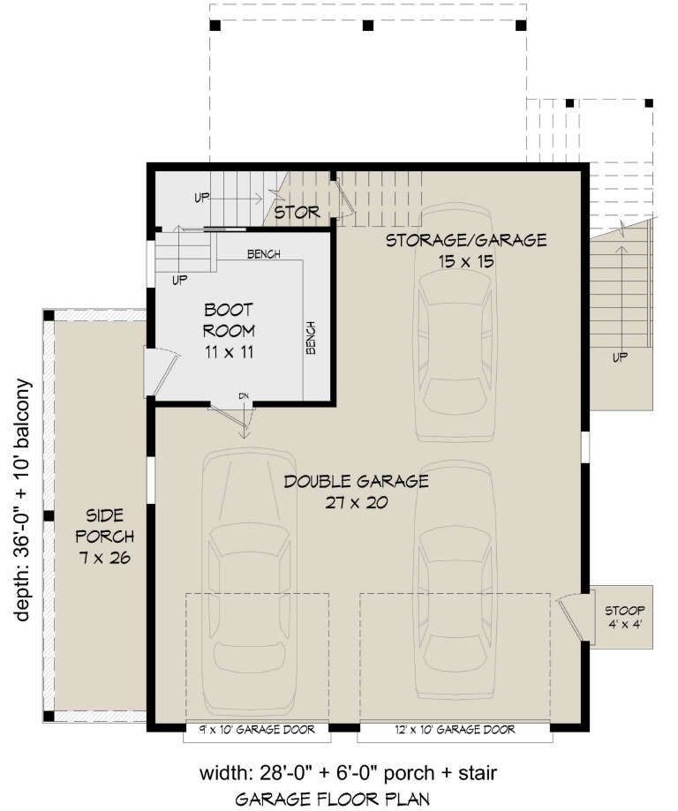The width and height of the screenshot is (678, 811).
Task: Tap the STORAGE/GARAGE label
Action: (x=465, y=240)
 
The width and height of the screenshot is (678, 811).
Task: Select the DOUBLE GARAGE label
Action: (x=356, y=482)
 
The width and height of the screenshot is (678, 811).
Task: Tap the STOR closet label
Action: (x=296, y=213)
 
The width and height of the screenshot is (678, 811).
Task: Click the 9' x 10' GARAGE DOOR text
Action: (x=256, y=729)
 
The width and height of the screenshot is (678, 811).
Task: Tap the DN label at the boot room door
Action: (x=245, y=396)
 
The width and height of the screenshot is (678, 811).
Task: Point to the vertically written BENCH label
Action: (x=312, y=337)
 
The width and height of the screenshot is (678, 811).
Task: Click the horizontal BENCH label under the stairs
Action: (x=263, y=255)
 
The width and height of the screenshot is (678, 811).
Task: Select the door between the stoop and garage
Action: (x=570, y=615)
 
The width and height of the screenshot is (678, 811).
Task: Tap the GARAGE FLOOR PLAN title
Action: (x=333, y=800)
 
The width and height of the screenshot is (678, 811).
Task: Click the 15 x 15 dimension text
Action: (x=465, y=261)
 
